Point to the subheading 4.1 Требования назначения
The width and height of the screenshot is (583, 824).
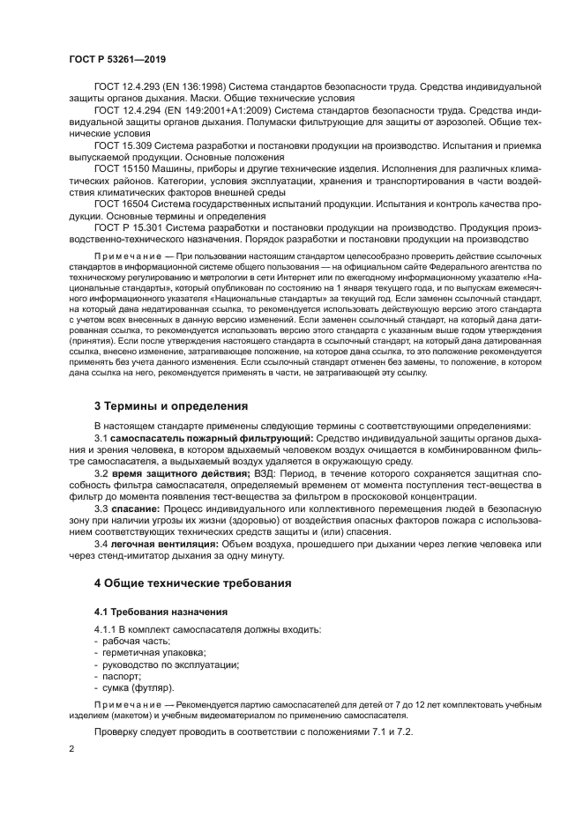[161, 611]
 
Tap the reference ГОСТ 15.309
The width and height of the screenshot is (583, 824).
[122, 145]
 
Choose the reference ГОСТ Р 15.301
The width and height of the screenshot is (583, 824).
[127, 226]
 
